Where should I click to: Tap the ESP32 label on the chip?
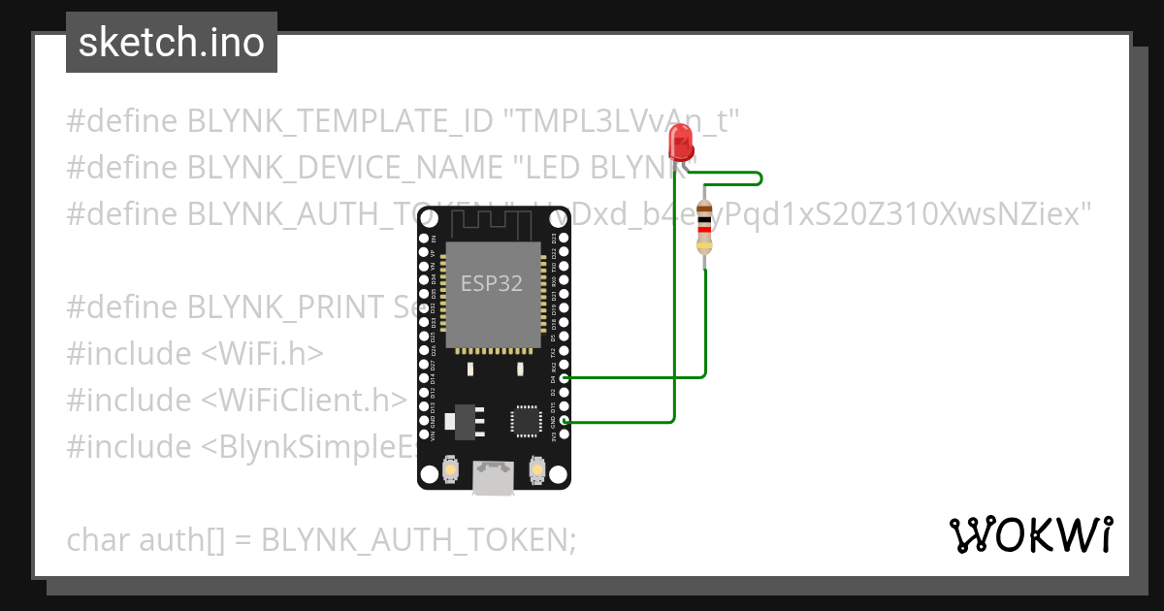point(491,283)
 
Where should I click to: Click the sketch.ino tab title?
point(172,43)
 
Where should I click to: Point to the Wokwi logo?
point(1029,534)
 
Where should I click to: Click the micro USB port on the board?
point(494,477)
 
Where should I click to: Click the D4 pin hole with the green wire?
point(565,376)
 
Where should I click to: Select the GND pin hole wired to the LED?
point(565,420)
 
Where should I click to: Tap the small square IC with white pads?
point(526,421)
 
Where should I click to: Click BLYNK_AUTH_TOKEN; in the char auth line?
point(418,539)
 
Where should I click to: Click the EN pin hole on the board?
point(424,238)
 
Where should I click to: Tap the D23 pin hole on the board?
point(565,238)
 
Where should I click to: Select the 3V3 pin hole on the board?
point(565,434)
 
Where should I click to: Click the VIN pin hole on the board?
point(424,434)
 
